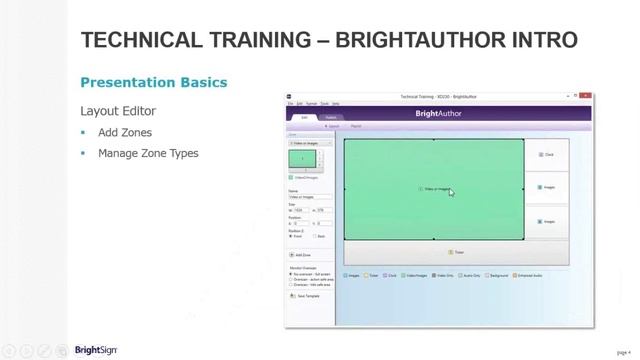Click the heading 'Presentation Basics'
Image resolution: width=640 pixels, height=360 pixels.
pyautogui.click(x=153, y=82)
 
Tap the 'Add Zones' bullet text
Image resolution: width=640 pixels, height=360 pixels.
pyautogui.click(x=125, y=132)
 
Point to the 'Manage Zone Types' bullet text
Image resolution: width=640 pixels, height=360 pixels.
pyautogui.click(x=148, y=153)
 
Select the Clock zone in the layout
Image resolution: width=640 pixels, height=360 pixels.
pyautogui.click(x=546, y=155)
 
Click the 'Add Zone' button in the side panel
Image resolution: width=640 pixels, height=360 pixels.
pyautogui.click(x=301, y=255)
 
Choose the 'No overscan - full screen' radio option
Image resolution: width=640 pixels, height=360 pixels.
pyautogui.click(x=311, y=274)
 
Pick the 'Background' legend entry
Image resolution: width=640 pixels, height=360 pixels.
pyautogui.click(x=499, y=275)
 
